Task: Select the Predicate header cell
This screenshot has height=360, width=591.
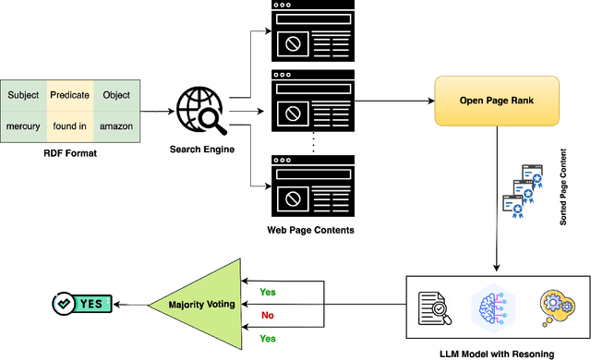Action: pyautogui.click(x=70, y=95)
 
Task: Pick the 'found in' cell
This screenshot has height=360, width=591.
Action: pyautogui.click(x=70, y=126)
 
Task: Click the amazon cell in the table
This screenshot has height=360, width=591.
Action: pyautogui.click(x=117, y=126)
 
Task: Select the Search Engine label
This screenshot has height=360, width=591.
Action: pyautogui.click(x=200, y=148)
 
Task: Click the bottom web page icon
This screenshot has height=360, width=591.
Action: pyautogui.click(x=311, y=184)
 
